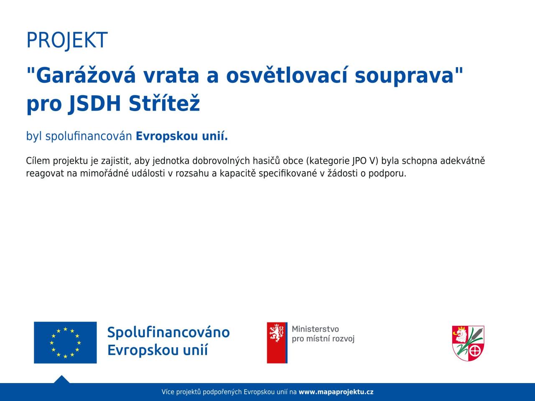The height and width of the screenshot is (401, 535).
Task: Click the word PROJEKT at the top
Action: click(x=67, y=40)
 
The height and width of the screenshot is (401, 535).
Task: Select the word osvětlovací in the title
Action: click(x=287, y=75)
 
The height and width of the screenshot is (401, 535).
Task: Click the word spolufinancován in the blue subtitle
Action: click(x=89, y=136)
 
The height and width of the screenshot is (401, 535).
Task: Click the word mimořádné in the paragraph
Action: click(x=104, y=173)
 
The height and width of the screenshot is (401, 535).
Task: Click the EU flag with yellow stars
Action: click(x=65, y=343)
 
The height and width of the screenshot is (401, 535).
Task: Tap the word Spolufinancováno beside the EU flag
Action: click(x=168, y=332)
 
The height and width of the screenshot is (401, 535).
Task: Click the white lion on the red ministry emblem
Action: click(x=277, y=333)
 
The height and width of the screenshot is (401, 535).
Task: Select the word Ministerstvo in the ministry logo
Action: click(x=316, y=329)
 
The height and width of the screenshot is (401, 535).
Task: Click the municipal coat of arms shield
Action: click(x=468, y=343)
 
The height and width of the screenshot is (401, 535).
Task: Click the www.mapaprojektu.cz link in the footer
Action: click(x=336, y=392)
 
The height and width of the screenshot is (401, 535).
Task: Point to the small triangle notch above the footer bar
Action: click(x=62, y=380)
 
